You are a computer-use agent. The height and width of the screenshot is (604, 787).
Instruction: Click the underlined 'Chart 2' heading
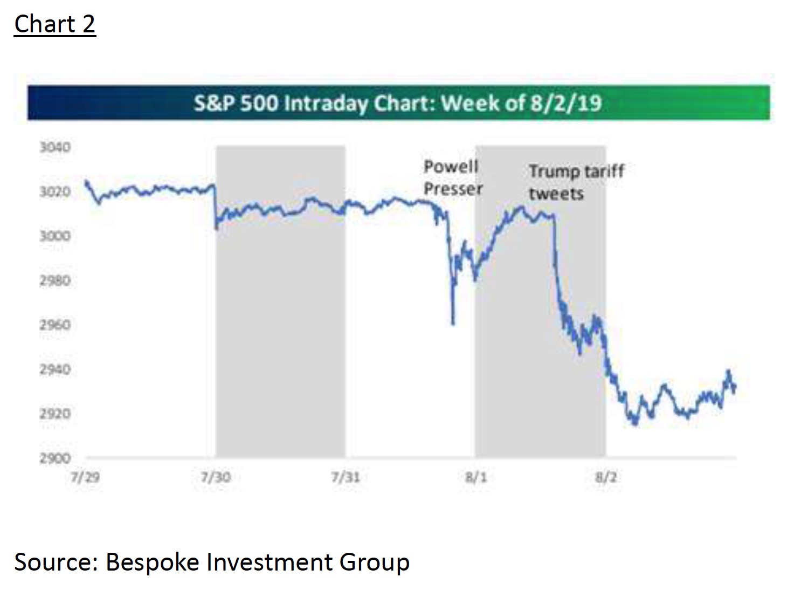(55, 25)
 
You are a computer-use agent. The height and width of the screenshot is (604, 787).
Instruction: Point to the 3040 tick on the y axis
(55, 147)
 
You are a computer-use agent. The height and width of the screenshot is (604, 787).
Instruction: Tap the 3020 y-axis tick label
(55, 192)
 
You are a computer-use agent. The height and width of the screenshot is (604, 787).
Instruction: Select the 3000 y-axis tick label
(55, 236)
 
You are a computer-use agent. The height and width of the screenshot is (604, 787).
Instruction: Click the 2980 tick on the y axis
(55, 280)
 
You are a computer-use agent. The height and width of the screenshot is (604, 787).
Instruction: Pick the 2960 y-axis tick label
(55, 325)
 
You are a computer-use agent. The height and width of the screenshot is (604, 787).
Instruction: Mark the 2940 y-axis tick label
(55, 369)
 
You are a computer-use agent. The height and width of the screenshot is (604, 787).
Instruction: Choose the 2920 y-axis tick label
(55, 414)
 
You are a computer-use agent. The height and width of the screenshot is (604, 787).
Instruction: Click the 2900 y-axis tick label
(55, 458)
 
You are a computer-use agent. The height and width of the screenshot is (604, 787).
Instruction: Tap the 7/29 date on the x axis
(85, 478)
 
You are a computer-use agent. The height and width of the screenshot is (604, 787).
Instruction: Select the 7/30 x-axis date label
(216, 478)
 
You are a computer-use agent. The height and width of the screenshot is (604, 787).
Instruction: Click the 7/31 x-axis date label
(346, 478)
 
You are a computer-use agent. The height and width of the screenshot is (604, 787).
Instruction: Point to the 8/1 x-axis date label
(476, 478)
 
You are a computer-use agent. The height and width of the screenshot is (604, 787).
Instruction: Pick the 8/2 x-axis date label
(606, 478)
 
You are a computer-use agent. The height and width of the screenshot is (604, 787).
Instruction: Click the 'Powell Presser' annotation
(452, 177)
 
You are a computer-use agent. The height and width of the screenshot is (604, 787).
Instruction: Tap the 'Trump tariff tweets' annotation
(576, 182)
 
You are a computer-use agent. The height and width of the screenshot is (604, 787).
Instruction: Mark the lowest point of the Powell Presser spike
(453, 324)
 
